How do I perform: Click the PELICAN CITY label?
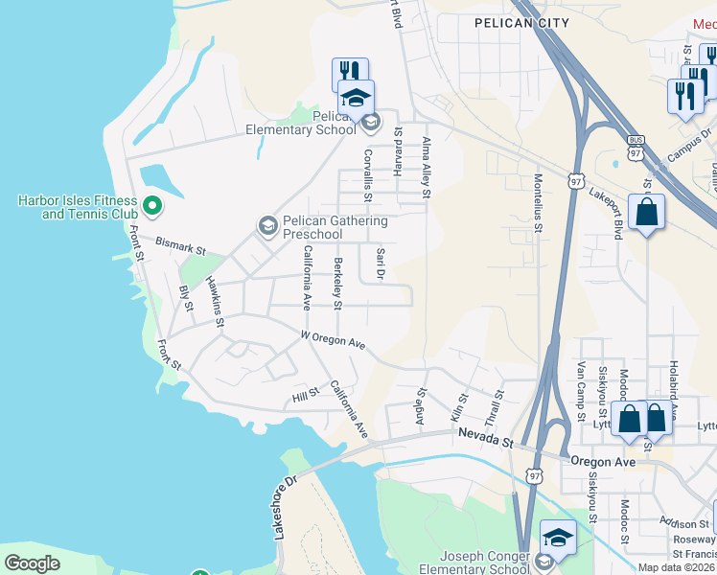[x=521, y=23]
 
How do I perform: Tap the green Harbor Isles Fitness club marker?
[x=150, y=205]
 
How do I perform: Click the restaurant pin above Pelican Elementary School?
[x=351, y=74]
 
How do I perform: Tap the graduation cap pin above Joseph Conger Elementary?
[x=558, y=538]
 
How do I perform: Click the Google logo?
[x=32, y=563]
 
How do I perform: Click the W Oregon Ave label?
[x=334, y=340]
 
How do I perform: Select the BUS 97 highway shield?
[x=635, y=150]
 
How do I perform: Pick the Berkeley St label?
[x=337, y=284]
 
